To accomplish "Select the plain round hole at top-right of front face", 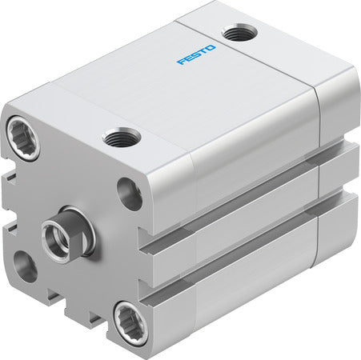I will (129, 193).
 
